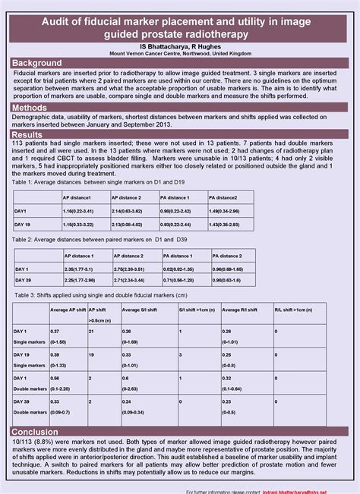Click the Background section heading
(37, 61)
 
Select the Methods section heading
(30, 109)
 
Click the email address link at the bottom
(311, 490)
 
